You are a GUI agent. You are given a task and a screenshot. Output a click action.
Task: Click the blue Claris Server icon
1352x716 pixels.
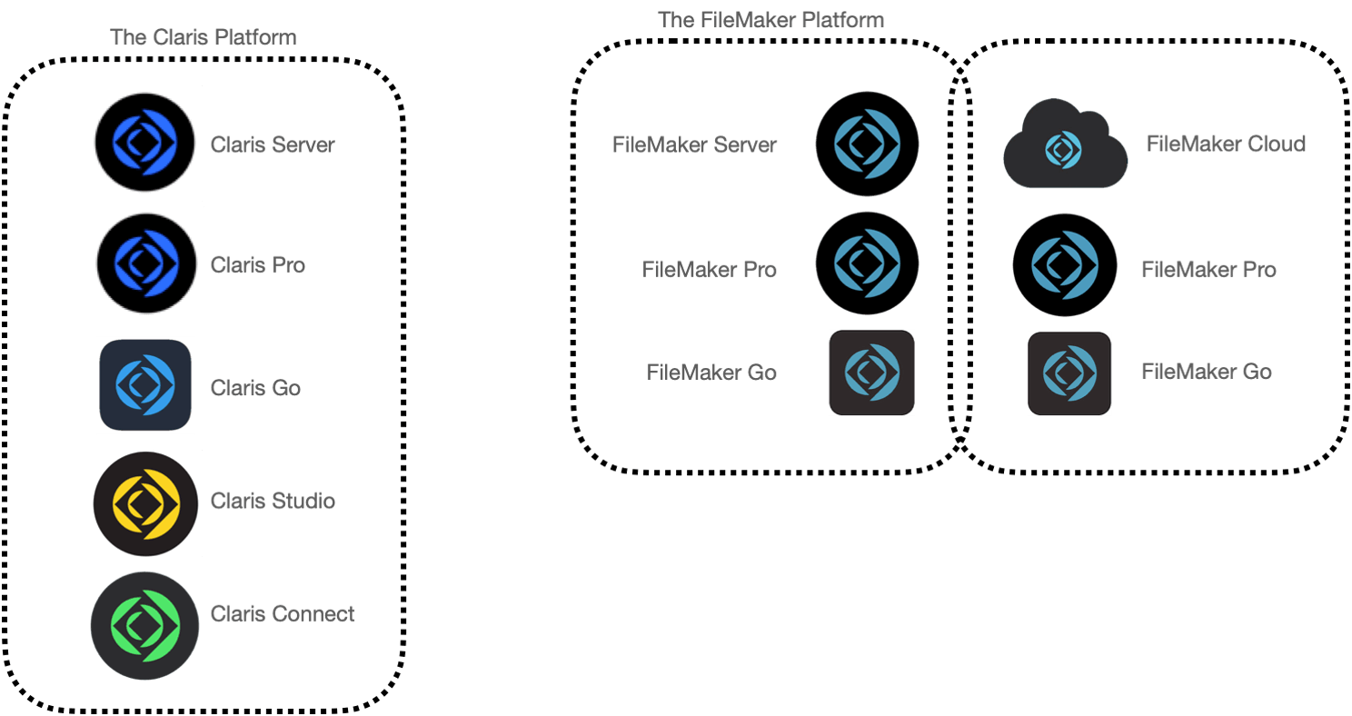pyautogui.click(x=144, y=143)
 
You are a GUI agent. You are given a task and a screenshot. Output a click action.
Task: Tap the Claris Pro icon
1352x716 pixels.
pyautogui.click(x=146, y=264)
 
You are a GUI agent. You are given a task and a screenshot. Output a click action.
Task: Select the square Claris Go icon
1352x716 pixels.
pyautogui.click(x=145, y=384)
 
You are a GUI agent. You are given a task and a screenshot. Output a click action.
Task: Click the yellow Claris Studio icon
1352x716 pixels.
pyautogui.click(x=145, y=503)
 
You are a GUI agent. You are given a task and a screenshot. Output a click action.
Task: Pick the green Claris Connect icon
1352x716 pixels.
pyautogui.click(x=144, y=625)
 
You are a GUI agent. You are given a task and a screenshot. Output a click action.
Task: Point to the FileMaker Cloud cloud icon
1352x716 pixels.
pyautogui.click(x=1065, y=144)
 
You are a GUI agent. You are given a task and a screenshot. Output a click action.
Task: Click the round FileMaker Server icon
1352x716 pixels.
pyautogui.click(x=868, y=144)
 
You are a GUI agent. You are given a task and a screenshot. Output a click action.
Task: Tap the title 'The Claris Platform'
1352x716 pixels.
pyautogui.click(x=204, y=37)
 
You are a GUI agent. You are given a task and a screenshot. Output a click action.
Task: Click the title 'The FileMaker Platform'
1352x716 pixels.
pyautogui.click(x=770, y=20)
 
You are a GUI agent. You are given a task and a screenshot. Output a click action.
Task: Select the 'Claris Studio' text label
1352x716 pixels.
pyautogui.click(x=273, y=501)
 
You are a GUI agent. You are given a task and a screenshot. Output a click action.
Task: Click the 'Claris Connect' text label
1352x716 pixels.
pyautogui.click(x=283, y=613)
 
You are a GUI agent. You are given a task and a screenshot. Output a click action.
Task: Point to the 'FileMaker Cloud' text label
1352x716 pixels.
pyautogui.click(x=1226, y=144)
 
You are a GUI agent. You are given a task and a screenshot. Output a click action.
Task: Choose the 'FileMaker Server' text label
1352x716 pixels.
pyautogui.click(x=694, y=144)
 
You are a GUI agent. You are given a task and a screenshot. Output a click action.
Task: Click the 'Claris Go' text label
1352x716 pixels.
pyautogui.click(x=255, y=388)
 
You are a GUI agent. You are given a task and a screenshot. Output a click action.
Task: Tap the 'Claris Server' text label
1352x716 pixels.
pyautogui.click(x=273, y=144)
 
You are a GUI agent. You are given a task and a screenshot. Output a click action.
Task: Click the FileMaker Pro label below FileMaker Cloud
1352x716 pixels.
pyautogui.click(x=1209, y=269)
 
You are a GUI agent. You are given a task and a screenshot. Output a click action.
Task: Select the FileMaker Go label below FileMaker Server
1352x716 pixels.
pyautogui.click(x=711, y=373)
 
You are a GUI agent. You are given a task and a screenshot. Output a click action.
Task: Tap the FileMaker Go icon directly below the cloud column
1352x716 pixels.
pyautogui.click(x=1069, y=373)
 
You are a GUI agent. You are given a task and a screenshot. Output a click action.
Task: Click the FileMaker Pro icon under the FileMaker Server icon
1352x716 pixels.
pyautogui.click(x=868, y=264)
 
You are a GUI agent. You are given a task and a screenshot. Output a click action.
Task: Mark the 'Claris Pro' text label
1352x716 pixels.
pyautogui.click(x=258, y=265)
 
